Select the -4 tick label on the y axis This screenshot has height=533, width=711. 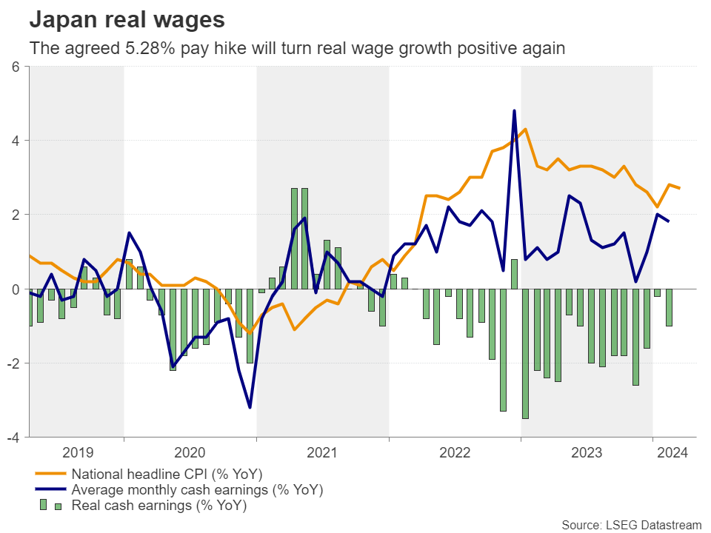(x=13, y=437)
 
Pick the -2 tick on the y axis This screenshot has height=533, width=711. (x=13, y=363)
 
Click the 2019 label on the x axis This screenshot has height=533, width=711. (x=77, y=452)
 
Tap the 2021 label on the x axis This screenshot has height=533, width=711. (x=323, y=452)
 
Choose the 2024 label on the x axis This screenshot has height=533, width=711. (x=671, y=452)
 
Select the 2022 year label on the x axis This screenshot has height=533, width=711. (x=455, y=452)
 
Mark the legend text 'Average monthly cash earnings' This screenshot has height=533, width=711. (x=197, y=490)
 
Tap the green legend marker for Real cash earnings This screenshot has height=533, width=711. (x=50, y=506)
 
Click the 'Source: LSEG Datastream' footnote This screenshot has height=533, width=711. (x=630, y=525)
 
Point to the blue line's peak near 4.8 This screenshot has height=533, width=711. (x=514, y=111)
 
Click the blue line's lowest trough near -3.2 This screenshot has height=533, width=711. (x=250, y=407)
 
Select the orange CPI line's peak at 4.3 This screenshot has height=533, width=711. (x=525, y=130)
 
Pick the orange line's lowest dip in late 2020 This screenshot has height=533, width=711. (x=250, y=333)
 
